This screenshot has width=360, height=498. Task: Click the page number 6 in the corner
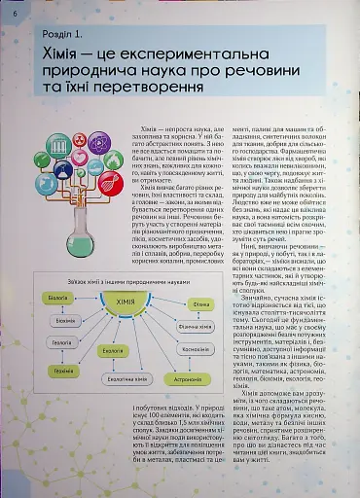coord(14,11)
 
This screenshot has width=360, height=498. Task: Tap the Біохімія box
coord(67,320)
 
